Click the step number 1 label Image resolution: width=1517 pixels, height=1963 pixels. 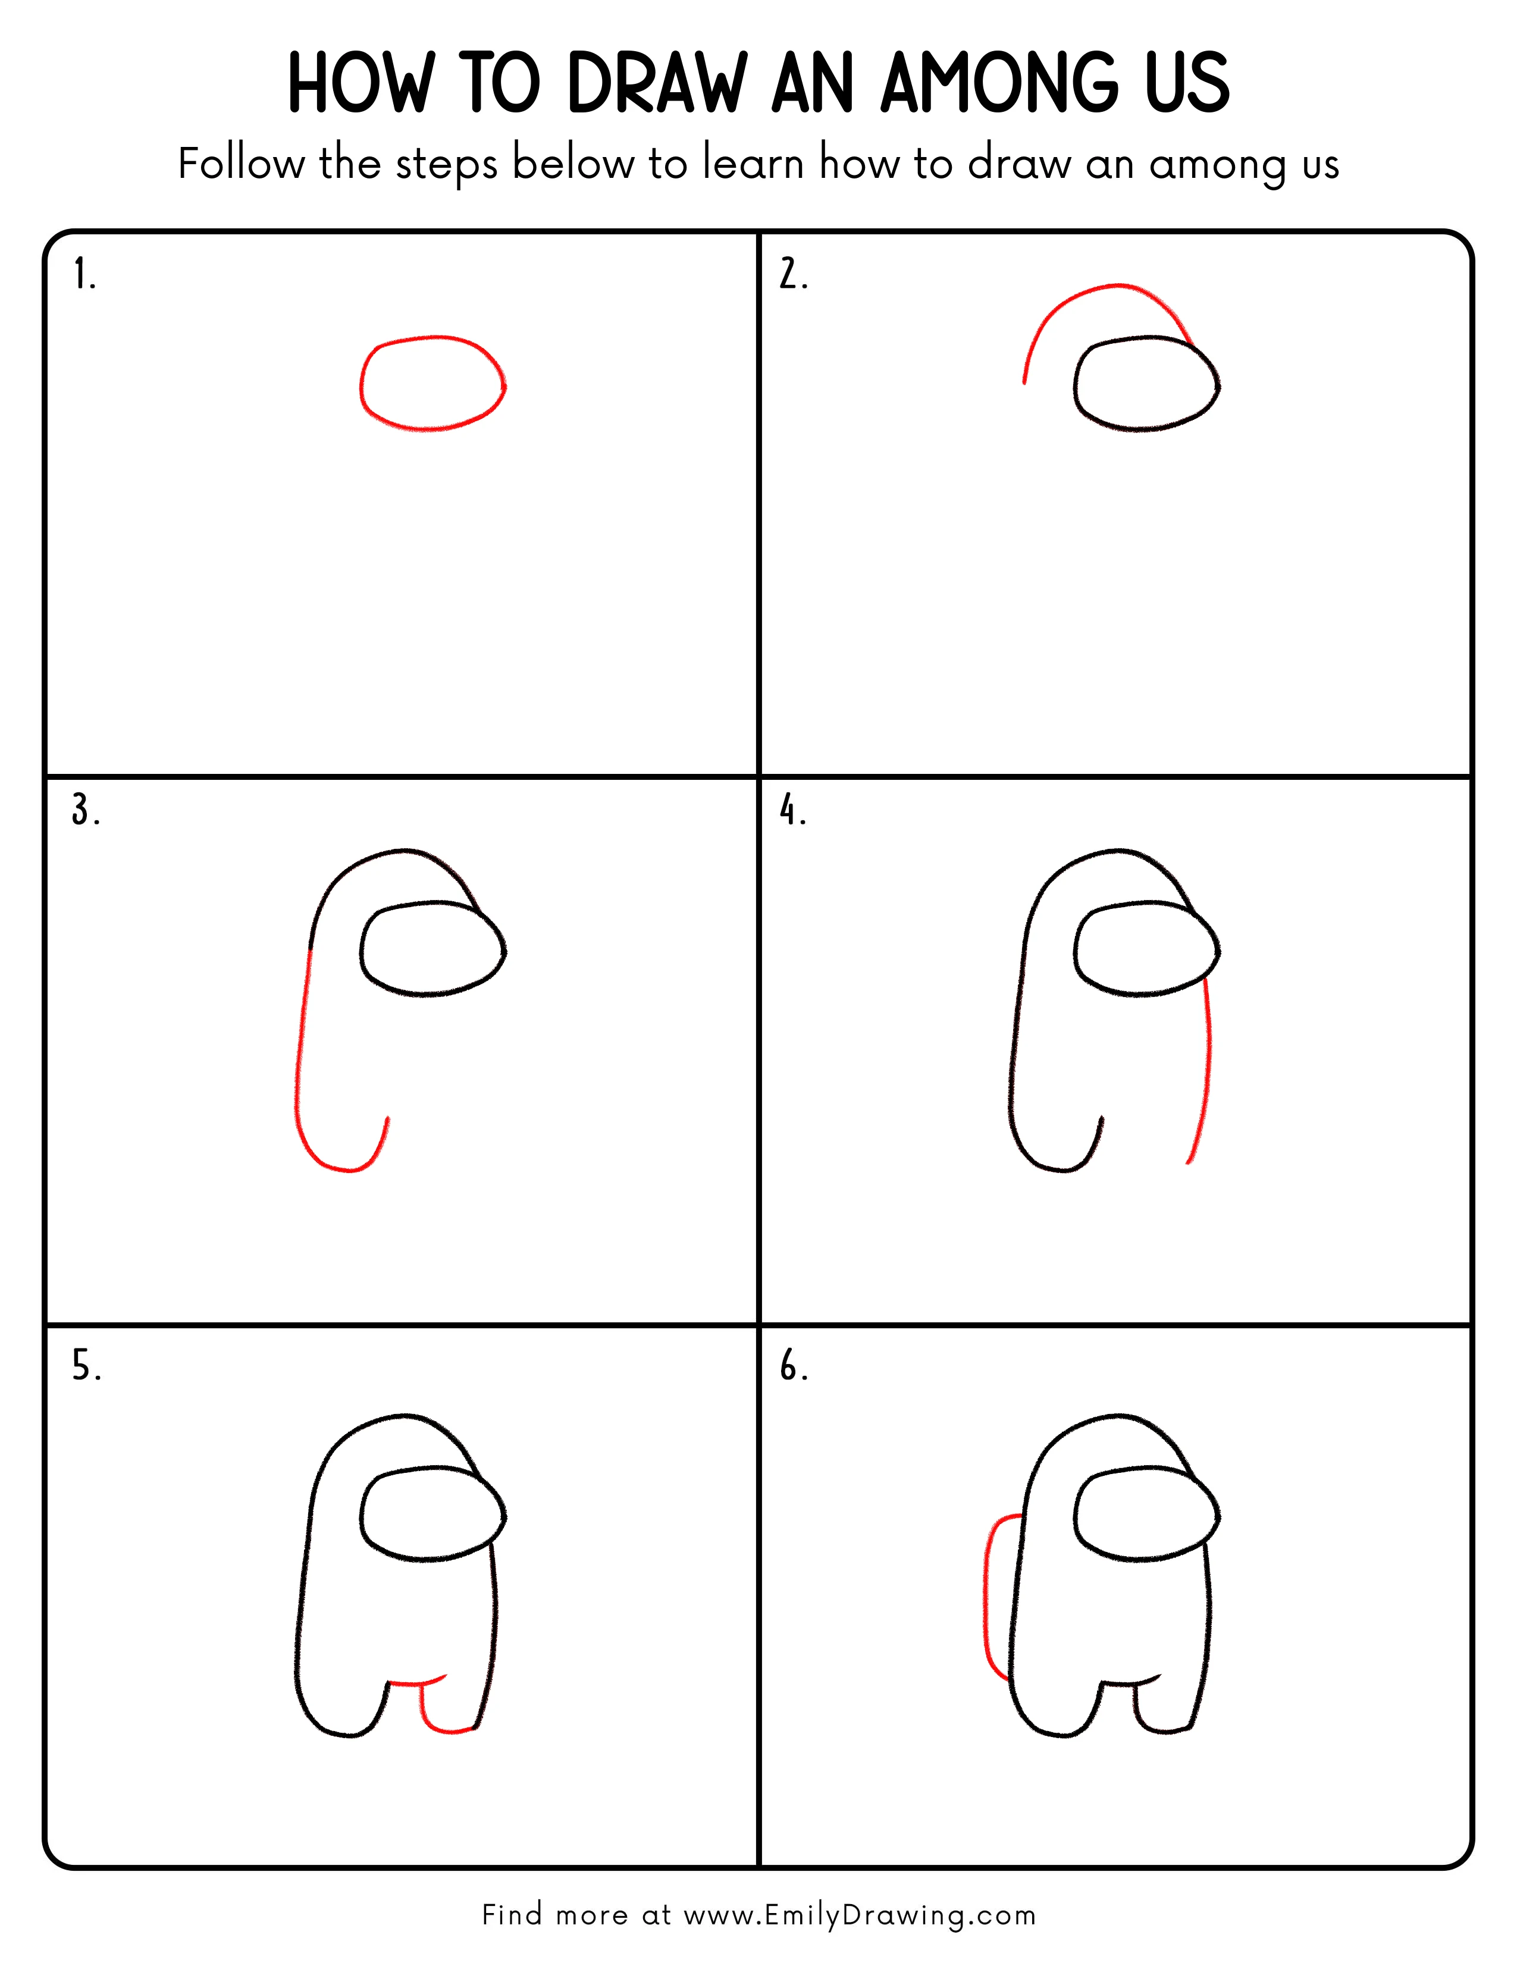83,274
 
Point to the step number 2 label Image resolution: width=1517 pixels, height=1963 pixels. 792,274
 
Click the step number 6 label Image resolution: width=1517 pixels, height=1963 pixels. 792,1366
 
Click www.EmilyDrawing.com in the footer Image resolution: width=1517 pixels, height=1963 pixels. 858,1915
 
